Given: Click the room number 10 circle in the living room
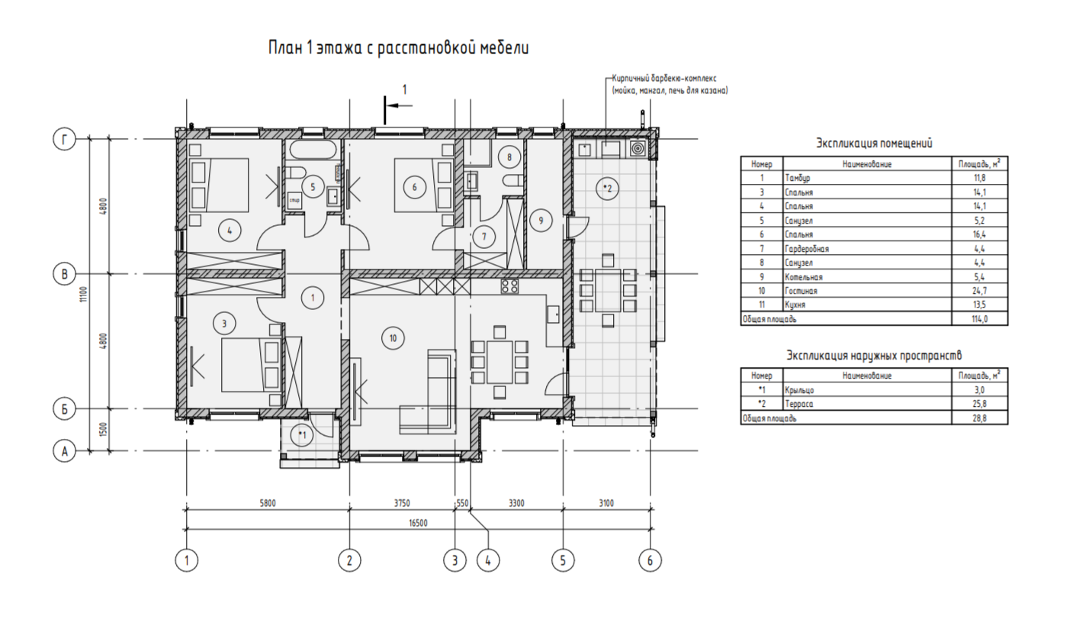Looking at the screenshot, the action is click(393, 338).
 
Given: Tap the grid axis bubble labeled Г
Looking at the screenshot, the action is click(64, 140).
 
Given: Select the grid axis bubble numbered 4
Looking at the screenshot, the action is click(488, 560).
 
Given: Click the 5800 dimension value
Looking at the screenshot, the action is click(268, 503).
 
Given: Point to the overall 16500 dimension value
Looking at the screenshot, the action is click(418, 523).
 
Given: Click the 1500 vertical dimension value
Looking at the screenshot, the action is click(104, 430).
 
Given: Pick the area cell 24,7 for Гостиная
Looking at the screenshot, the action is click(980, 291).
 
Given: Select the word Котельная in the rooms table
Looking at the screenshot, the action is click(803, 276).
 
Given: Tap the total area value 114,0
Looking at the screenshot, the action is click(980, 319).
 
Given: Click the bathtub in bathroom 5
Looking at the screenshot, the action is click(313, 150).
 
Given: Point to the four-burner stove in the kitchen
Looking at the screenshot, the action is click(509, 286).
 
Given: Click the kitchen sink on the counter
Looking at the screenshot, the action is click(553, 314).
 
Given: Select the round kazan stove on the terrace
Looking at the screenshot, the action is click(638, 149).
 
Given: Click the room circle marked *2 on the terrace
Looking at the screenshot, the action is click(607, 189).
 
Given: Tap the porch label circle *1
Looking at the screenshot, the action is click(302, 435).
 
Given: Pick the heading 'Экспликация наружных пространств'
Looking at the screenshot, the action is click(874, 355).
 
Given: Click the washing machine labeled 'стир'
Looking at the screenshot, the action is click(294, 200).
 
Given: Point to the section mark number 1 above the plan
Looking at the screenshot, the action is click(405, 89).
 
